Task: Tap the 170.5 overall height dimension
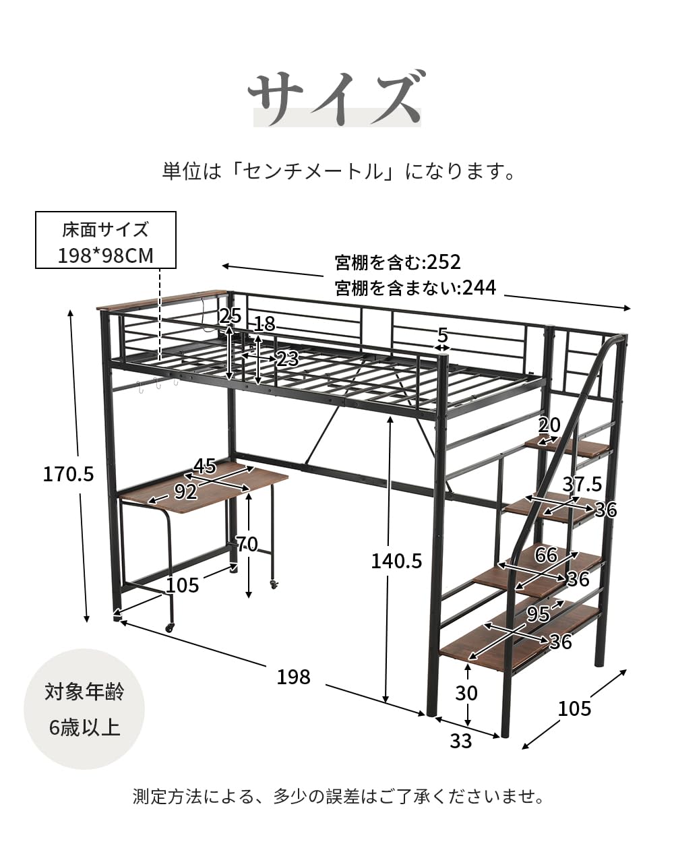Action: coord(68,474)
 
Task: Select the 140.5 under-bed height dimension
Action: coord(396,560)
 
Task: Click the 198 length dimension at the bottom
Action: coord(293,676)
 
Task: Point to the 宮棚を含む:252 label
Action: coord(398,262)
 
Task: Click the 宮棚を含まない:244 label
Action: coord(415,289)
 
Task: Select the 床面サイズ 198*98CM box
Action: coord(106,241)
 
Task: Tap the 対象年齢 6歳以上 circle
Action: coord(84,709)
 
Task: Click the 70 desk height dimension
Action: coord(247,543)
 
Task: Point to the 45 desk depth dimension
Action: coord(204,466)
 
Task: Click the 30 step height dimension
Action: coord(466,693)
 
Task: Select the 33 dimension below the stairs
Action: coord(461,741)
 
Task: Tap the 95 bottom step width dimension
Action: coord(538,614)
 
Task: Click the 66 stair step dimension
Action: coord(547,555)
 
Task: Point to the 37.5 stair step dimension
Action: coord(582,483)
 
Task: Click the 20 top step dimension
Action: coord(549,425)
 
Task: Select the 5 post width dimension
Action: coord(442,334)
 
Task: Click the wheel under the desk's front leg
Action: coord(168,628)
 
